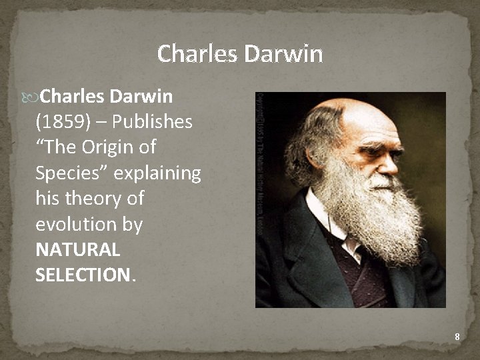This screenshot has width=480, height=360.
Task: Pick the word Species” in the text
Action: [72, 173]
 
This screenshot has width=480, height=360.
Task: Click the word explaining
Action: [157, 173]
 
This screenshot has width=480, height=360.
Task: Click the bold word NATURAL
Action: [77, 250]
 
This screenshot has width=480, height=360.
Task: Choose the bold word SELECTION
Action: [83, 275]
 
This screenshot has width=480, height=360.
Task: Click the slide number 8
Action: [457, 337]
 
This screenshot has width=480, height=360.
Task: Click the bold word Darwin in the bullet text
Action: [141, 97]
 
